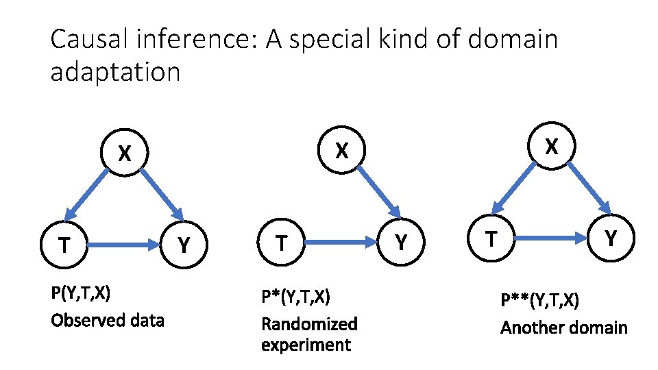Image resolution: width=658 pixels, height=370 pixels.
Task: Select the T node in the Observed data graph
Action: click(64, 244)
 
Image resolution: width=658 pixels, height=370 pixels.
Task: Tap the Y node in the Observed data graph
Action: click(184, 243)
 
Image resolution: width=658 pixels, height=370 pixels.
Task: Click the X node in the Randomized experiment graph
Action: click(341, 149)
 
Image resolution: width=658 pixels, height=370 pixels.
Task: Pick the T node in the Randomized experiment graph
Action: click(280, 242)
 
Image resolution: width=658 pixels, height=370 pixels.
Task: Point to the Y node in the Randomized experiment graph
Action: click(402, 241)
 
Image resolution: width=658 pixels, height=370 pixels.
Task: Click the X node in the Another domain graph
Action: click(551, 145)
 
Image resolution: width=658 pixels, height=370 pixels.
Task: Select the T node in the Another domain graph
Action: click(491, 238)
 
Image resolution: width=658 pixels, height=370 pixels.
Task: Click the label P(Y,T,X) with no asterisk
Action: click(81, 293)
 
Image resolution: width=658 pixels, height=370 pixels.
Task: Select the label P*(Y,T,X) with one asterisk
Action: click(295, 297)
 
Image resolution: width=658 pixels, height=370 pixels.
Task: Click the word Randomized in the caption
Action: click(309, 323)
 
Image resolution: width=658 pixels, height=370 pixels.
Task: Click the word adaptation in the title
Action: click(115, 71)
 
